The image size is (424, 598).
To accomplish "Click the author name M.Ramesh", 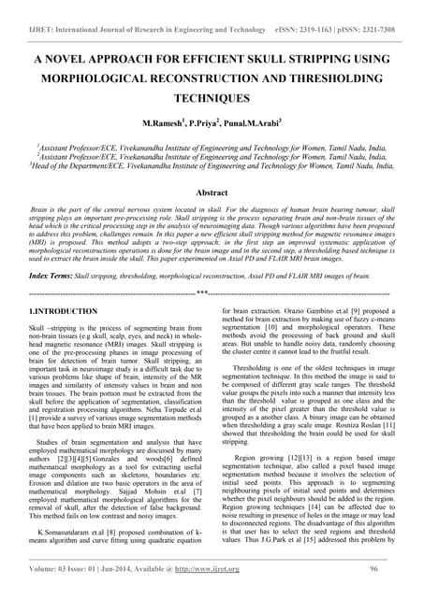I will tap(162, 123).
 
